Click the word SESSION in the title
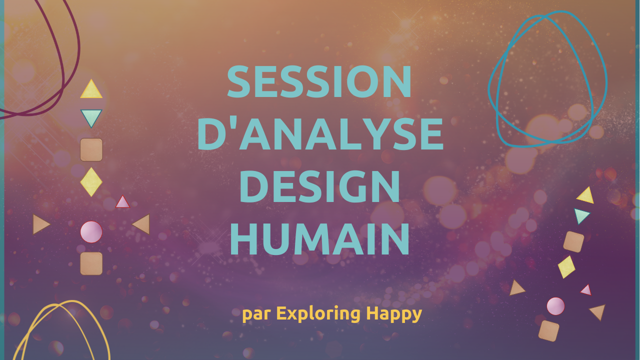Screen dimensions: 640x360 click(319, 81)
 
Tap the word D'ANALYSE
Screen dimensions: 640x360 click(320, 133)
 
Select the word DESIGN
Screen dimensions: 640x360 click(319, 186)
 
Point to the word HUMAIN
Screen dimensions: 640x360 click(319, 239)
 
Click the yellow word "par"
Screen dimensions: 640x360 click(256, 314)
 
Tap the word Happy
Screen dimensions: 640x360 click(394, 314)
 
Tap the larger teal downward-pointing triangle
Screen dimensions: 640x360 click(91, 117)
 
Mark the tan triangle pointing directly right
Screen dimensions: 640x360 click(40, 224)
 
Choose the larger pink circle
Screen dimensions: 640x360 click(91, 231)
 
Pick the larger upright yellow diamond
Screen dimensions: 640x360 click(91, 182)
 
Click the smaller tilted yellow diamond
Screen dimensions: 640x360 click(566, 267)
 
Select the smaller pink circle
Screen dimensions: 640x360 click(555, 306)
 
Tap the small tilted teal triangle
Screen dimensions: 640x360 click(581, 215)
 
